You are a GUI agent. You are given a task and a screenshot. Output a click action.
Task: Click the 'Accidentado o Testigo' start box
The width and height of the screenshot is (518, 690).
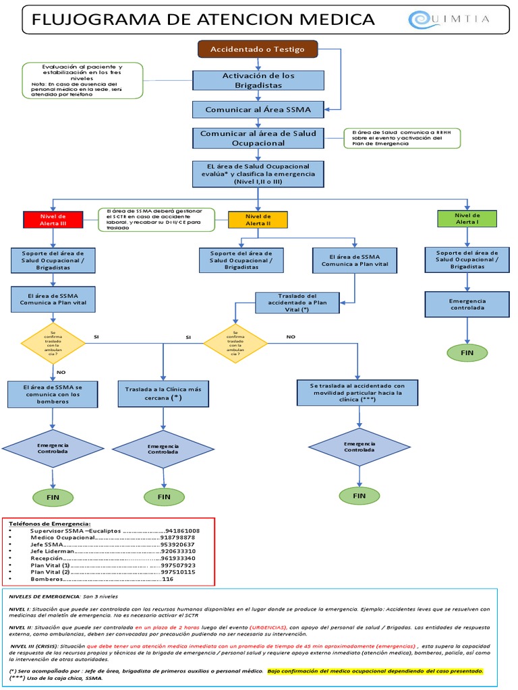click(x=257, y=50)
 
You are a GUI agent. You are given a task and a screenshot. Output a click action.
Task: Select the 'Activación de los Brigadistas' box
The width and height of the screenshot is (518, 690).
click(x=258, y=81)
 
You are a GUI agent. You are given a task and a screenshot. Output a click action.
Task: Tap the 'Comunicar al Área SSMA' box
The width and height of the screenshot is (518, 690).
click(x=258, y=108)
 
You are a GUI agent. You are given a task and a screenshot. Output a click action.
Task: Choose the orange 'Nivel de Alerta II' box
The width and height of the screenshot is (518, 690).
click(x=258, y=220)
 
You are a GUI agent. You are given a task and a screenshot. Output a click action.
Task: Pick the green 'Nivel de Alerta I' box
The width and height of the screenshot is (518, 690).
click(x=467, y=218)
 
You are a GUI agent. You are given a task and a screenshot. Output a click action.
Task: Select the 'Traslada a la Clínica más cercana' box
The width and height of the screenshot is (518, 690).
click(x=163, y=394)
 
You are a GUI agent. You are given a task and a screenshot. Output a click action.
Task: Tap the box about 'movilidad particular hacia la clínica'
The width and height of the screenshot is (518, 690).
click(x=357, y=392)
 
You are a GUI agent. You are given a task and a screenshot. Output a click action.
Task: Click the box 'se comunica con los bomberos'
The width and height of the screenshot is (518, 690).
click(x=52, y=394)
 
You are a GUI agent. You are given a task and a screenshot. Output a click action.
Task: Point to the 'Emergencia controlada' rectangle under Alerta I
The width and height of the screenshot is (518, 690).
click(x=467, y=303)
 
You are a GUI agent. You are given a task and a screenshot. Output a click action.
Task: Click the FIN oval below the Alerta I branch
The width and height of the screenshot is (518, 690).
click(x=467, y=352)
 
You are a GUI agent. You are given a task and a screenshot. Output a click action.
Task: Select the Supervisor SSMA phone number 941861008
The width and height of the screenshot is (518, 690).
click(x=182, y=530)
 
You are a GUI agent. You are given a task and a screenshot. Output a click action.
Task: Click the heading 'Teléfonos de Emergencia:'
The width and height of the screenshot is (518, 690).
click(x=47, y=523)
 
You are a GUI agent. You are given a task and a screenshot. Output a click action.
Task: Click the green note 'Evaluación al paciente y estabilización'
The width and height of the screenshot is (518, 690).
click(x=82, y=80)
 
